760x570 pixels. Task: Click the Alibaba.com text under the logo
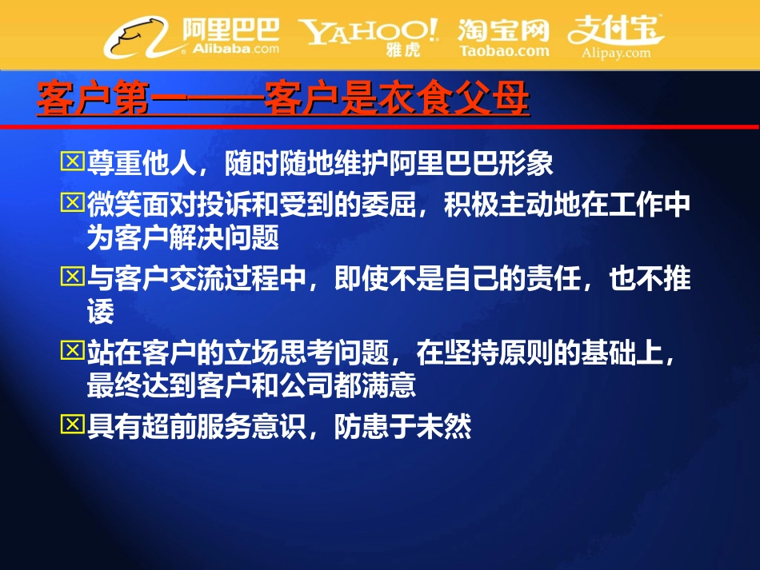234,48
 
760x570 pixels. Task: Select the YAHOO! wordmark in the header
369,31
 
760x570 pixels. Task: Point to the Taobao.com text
504,50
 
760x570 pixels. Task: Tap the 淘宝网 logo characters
504,30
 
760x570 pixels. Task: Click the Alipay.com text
617,53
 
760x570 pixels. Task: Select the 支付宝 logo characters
615,30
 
